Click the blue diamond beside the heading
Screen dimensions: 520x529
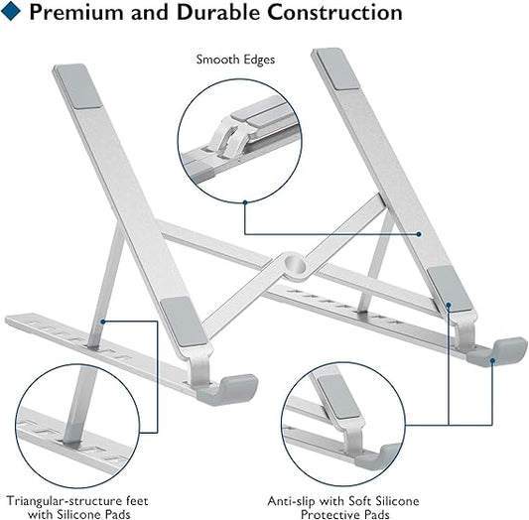pyautogui.click(x=13, y=13)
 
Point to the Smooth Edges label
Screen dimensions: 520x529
pyautogui.click(x=236, y=60)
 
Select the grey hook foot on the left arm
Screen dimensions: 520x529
pyautogui.click(x=227, y=388)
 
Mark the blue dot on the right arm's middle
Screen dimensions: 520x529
pyautogui.click(x=420, y=235)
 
